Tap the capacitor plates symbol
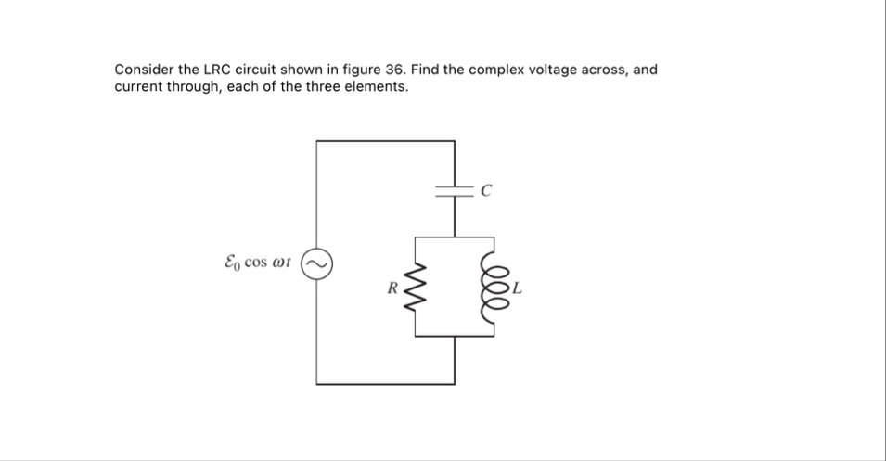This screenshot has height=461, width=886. tap(455, 192)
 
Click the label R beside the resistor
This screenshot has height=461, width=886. tap(392, 288)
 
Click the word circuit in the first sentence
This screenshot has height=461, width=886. tap(261, 70)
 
